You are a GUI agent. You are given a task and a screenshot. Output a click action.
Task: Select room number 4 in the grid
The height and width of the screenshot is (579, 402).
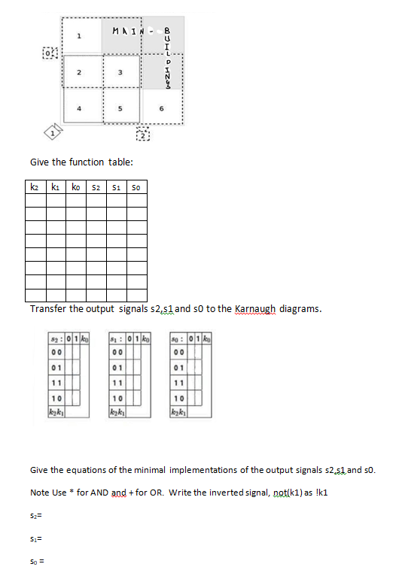point(79,108)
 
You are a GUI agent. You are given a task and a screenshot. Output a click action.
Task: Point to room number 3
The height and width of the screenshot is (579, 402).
point(120,72)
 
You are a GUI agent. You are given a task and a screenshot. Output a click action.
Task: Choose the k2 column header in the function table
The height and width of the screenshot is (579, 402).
point(35,185)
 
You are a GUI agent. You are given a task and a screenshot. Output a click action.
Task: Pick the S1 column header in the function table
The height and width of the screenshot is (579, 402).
point(116,185)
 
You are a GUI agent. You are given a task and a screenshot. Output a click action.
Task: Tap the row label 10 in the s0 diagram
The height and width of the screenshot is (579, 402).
point(178,397)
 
